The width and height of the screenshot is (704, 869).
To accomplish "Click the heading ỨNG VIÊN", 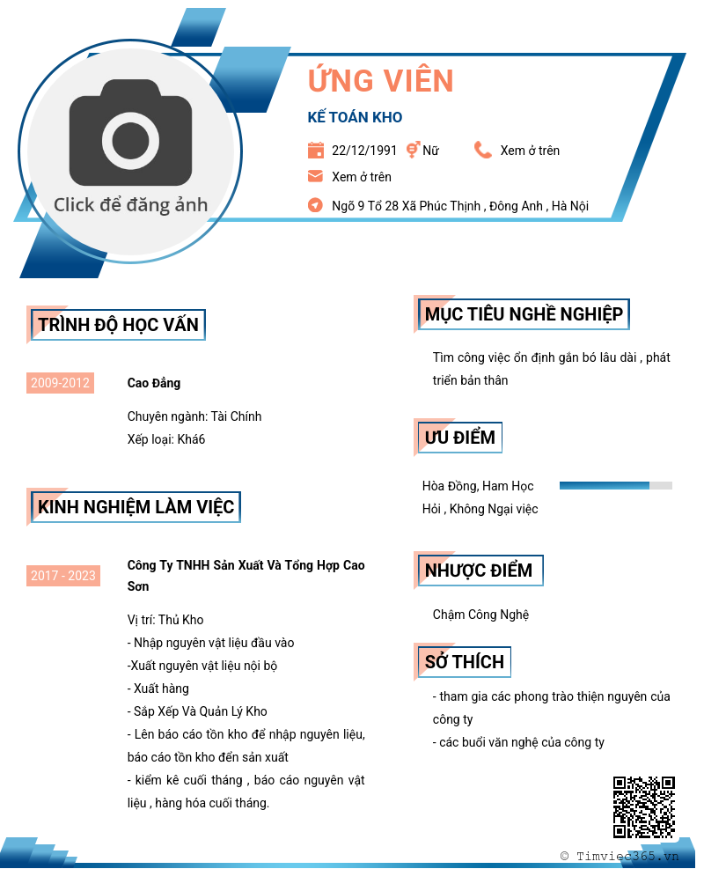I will click(x=380, y=81).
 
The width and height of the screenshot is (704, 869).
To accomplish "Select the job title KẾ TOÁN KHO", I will click(x=355, y=117).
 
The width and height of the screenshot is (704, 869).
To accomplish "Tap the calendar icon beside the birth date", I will click(x=315, y=151).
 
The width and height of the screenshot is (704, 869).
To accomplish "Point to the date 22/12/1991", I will click(x=364, y=151).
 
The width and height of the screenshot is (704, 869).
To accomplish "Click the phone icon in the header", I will click(x=482, y=151).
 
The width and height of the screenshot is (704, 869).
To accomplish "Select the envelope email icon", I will click(x=315, y=176).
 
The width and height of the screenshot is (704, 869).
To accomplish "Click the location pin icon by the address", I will click(x=315, y=205).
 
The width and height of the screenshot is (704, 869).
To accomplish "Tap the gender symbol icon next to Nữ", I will click(x=412, y=151).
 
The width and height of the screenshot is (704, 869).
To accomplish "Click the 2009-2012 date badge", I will click(x=60, y=383).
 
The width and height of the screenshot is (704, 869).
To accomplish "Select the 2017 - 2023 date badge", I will click(x=62, y=576).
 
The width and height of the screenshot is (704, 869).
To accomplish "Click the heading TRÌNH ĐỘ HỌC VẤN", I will click(x=119, y=325).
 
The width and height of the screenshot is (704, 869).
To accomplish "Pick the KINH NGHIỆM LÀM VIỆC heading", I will click(x=136, y=507).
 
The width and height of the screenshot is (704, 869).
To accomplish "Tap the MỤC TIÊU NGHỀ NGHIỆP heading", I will click(x=524, y=314).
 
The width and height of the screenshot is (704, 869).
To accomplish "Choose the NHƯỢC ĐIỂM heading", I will click(x=479, y=571).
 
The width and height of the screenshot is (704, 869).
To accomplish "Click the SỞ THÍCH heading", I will click(x=465, y=662).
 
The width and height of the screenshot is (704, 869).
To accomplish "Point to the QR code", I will click(x=643, y=806).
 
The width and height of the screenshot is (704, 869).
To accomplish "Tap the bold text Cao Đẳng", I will click(x=154, y=383).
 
